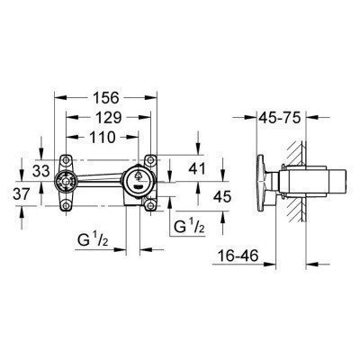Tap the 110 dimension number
coord(114,138)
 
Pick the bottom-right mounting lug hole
coord(150,204)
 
